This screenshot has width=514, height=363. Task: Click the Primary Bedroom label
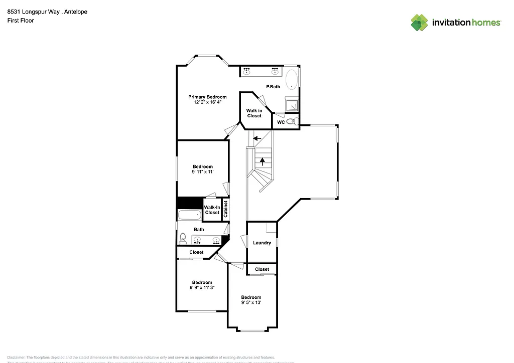point(207,97)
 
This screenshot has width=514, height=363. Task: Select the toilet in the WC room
point(296,122)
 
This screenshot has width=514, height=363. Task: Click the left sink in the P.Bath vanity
point(246,72)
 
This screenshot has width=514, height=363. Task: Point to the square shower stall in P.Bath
point(291,105)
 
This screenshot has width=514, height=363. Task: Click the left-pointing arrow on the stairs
point(258,138)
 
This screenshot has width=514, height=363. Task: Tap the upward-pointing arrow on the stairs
point(262,161)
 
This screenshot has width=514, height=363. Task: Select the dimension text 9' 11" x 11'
point(203,172)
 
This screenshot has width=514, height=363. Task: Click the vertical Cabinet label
point(226,209)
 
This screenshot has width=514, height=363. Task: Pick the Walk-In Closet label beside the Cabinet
point(212,210)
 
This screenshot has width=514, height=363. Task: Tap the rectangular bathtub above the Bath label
point(189,215)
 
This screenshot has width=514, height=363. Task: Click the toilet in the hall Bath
point(183,238)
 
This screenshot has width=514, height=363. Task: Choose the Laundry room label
point(262,243)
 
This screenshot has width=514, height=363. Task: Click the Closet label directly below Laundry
point(262,269)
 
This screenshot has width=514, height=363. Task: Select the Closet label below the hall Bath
point(196,252)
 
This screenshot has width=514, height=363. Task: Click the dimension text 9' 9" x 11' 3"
point(202,288)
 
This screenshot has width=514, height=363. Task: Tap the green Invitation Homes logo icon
point(420,23)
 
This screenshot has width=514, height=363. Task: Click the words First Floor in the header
point(21,21)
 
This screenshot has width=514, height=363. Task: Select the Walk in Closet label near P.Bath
point(254,113)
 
